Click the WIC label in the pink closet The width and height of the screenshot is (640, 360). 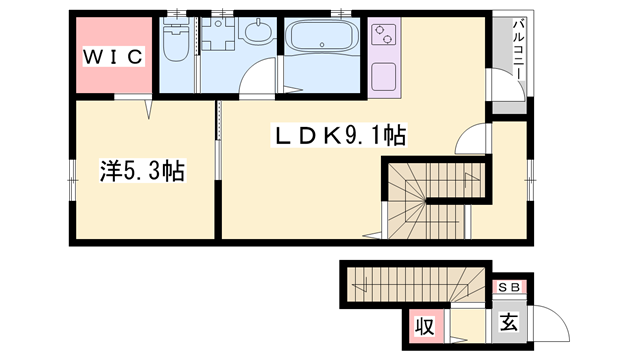pos(113,57)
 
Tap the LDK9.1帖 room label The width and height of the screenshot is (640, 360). pos(339,136)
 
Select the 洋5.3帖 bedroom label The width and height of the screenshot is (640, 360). pos(142,171)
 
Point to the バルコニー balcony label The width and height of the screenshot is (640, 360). pos(518,49)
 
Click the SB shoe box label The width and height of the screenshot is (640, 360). pos(509,287)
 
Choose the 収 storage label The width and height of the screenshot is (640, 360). pos(425,327)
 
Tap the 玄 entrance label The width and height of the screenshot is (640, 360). pos(509,322)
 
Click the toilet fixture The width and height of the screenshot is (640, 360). pos(176,39)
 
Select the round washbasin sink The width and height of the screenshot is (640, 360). pos(258,31)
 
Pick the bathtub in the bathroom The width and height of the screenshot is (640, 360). pos(322,35)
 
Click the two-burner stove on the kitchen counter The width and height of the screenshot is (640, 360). pos(384,35)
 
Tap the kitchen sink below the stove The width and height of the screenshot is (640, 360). pos(384,76)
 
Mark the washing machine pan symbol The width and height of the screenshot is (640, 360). pos(219,34)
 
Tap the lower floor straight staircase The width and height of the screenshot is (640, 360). pos(416,284)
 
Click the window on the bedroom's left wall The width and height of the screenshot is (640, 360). pos(73,180)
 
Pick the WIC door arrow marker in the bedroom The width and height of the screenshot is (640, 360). pos(148,109)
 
